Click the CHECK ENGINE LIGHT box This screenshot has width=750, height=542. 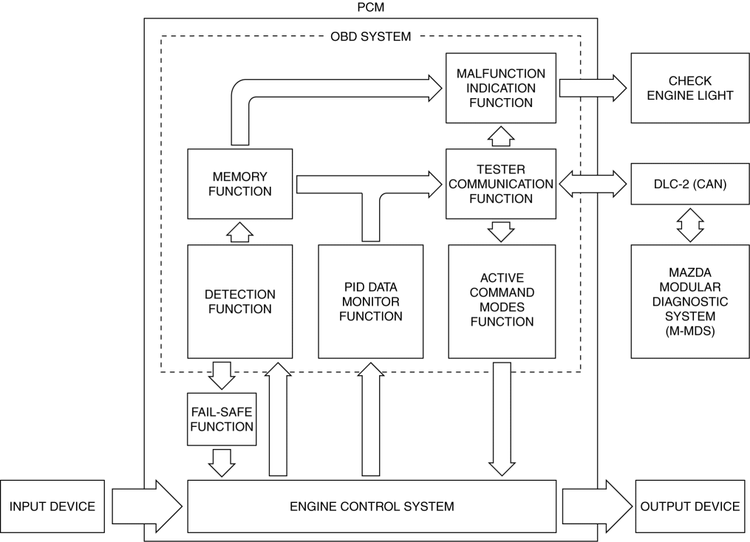tap(689, 88)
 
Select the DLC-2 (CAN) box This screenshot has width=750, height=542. tap(689, 185)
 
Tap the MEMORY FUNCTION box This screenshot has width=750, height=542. tap(240, 184)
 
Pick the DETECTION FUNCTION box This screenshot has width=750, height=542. tap(240, 301)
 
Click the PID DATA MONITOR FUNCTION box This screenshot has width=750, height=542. tap(370, 301)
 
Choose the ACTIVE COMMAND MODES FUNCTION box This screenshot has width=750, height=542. tap(501, 301)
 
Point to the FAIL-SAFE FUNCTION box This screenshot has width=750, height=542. tap(222, 419)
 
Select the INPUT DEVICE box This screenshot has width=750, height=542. tap(52, 507)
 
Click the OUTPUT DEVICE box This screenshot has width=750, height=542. tap(689, 507)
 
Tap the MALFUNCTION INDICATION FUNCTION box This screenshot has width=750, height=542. tap(500, 88)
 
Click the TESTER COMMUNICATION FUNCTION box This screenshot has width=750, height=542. tap(500, 184)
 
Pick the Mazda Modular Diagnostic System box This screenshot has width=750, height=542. tap(689, 301)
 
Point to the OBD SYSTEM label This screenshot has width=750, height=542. tap(370, 36)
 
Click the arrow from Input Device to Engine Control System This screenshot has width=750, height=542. tap(146, 507)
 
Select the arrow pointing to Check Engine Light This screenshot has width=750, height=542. tap(593, 88)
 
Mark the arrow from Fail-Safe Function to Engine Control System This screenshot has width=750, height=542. tap(222, 463)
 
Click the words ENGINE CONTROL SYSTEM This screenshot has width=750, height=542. tap(371, 507)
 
